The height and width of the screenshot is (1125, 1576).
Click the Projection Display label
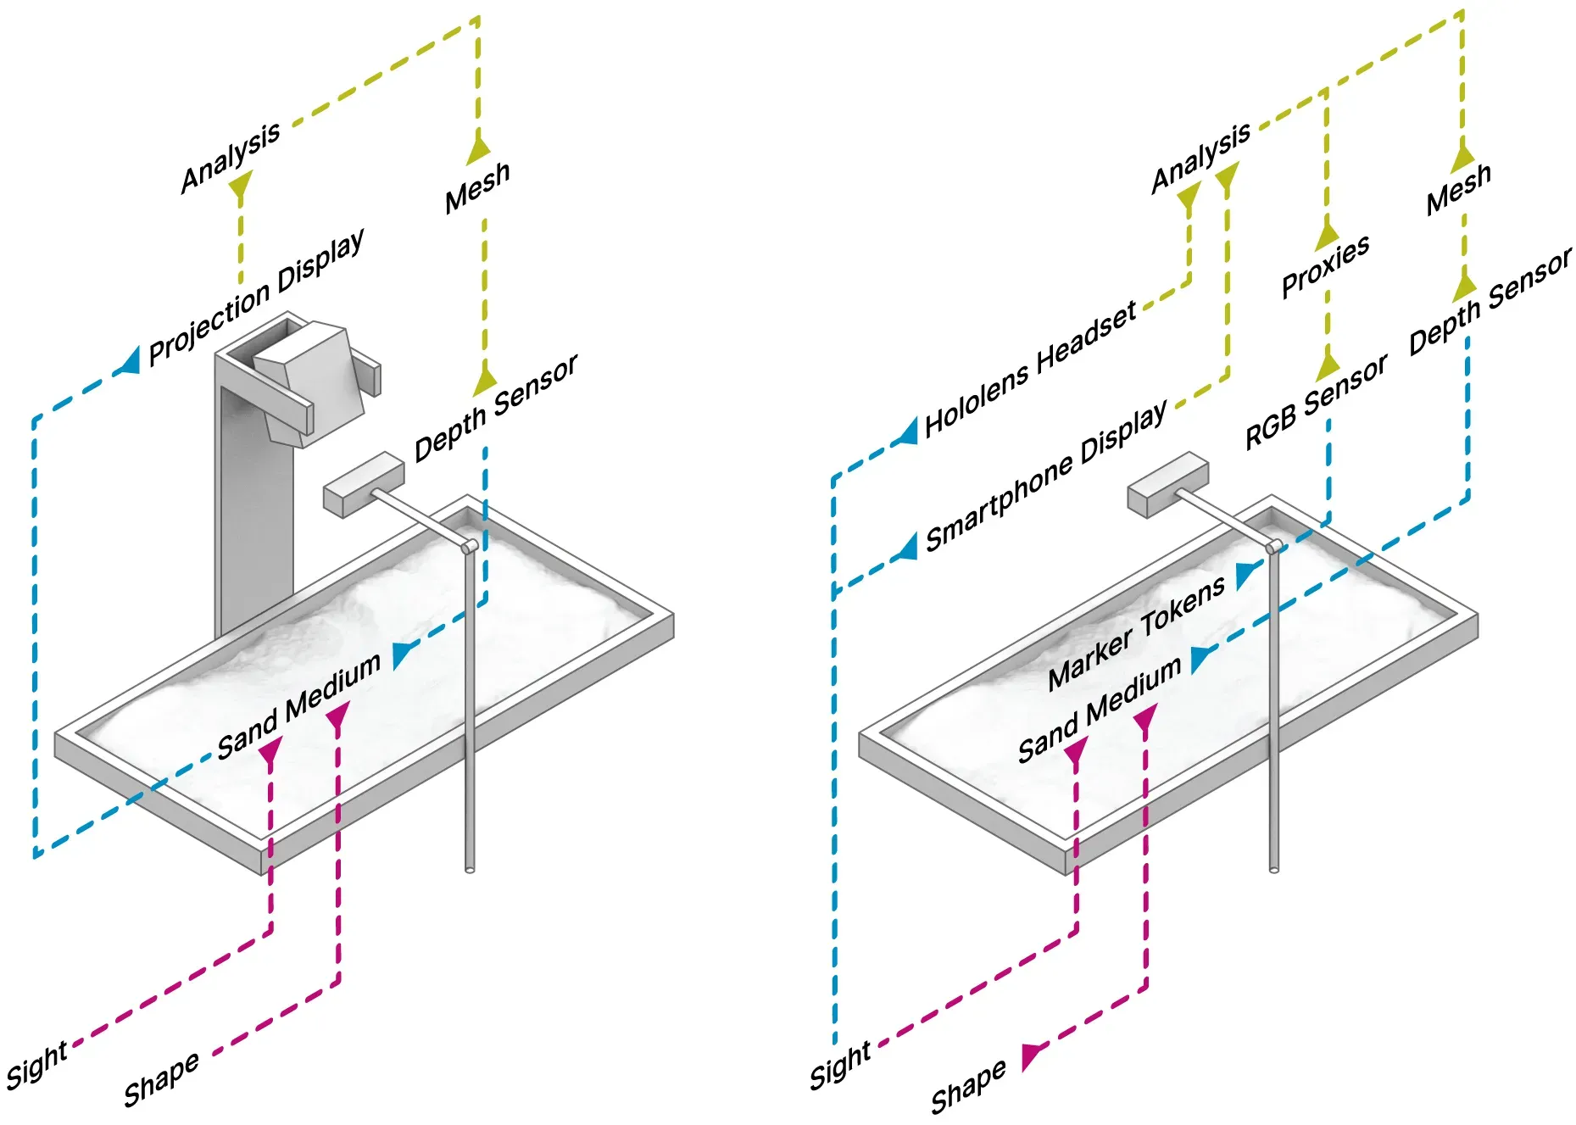pyautogui.click(x=257, y=296)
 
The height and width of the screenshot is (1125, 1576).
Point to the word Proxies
pyautogui.click(x=1325, y=266)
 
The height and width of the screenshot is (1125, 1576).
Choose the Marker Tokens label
pyautogui.click(x=1136, y=632)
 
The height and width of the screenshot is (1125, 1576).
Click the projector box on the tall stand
pyautogui.click(x=309, y=381)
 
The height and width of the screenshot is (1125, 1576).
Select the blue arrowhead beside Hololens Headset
pyautogui.click(x=908, y=431)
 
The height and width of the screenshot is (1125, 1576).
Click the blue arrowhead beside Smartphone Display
pyautogui.click(x=908, y=546)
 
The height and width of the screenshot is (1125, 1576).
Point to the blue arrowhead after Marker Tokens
pyautogui.click(x=1247, y=574)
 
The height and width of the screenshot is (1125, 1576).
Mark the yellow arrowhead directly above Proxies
pyautogui.click(x=1327, y=237)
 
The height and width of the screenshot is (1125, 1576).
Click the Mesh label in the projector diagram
pyautogui.click(x=477, y=187)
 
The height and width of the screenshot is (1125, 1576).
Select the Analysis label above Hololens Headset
pyautogui.click(x=1200, y=158)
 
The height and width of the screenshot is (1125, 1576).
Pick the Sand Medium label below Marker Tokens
pyautogui.click(x=1100, y=708)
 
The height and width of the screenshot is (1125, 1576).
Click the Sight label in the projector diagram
pyautogui.click(x=36, y=1065)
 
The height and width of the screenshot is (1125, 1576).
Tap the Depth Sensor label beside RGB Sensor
pyautogui.click(x=1490, y=303)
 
